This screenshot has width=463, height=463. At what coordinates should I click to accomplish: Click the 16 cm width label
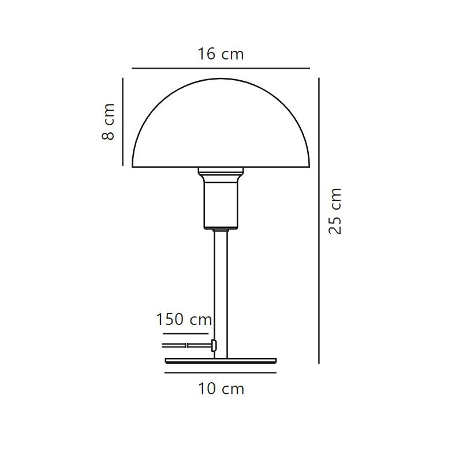(221, 54)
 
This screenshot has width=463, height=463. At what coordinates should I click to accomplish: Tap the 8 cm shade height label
(108, 121)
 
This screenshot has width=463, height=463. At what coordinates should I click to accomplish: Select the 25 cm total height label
(335, 211)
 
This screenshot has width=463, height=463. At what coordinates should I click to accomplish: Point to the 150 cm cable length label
(184, 319)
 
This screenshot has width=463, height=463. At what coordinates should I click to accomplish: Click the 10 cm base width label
(221, 389)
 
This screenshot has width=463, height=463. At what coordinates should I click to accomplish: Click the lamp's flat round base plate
(221, 361)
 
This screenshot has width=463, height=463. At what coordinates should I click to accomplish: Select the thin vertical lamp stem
(221, 289)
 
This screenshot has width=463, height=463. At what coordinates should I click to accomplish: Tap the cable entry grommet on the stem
(214, 345)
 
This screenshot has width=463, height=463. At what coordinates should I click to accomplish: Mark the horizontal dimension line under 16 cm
(221, 68)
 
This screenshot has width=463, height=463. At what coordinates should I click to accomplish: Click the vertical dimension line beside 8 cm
(123, 121)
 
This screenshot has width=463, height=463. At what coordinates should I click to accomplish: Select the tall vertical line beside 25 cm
(319, 219)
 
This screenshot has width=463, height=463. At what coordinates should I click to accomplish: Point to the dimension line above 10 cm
(221, 373)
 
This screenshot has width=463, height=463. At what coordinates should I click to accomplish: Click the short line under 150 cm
(185, 333)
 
